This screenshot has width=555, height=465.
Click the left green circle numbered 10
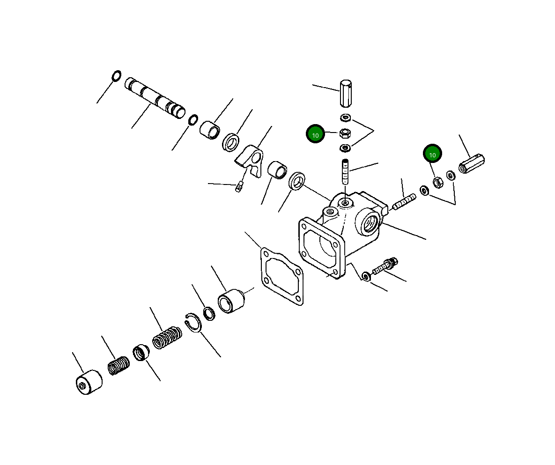pyautogui.click(x=315, y=135)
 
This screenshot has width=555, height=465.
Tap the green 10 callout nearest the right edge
pyautogui.click(x=432, y=154)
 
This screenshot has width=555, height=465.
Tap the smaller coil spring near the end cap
pyautogui.click(x=118, y=366)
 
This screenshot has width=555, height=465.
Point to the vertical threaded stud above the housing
pyautogui.click(x=345, y=172)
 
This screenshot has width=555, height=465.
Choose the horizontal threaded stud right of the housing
pyautogui.click(x=404, y=202)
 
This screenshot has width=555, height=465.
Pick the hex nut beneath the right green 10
pyautogui.click(x=437, y=182)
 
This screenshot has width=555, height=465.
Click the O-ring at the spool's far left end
pyautogui.click(x=116, y=75)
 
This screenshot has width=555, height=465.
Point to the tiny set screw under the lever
pyautogui.click(x=239, y=188)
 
